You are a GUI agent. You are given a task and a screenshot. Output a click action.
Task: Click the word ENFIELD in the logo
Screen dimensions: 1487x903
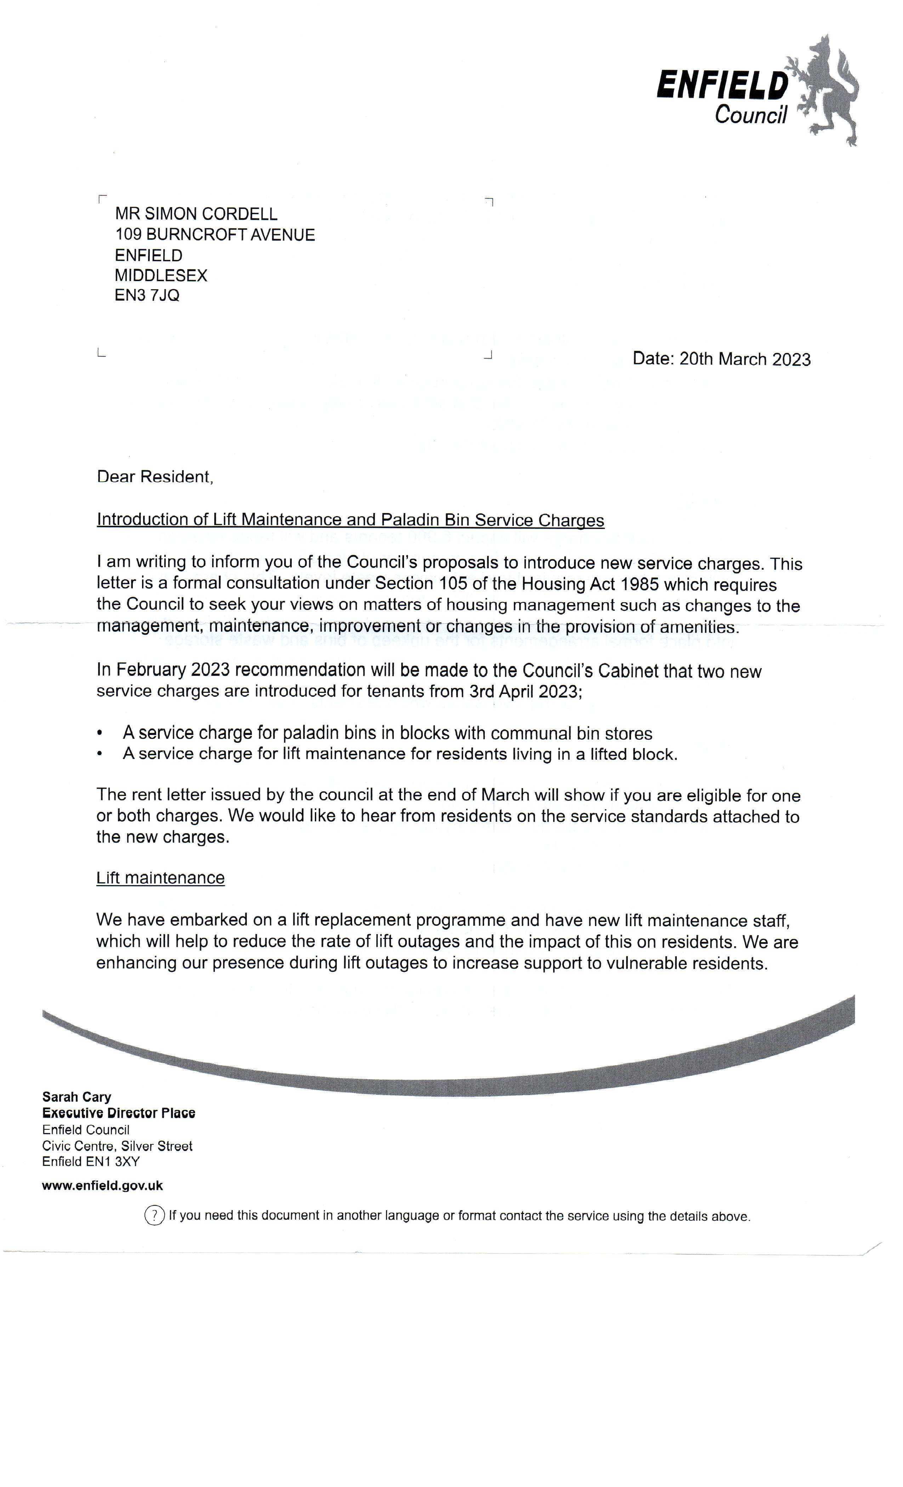[722, 85]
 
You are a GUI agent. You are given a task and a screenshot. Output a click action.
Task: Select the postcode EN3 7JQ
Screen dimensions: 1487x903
[147, 296]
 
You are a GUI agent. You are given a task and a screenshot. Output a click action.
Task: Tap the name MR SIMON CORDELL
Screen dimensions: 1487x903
[196, 214]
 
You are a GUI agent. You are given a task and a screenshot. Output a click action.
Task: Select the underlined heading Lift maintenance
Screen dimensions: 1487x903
[160, 878]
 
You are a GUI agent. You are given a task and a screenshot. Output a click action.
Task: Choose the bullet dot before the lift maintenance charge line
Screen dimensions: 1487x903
[100, 754]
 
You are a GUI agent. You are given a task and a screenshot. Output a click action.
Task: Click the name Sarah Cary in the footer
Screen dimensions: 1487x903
[76, 1097]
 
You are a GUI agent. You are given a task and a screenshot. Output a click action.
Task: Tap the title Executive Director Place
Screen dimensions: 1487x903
[118, 1113]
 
